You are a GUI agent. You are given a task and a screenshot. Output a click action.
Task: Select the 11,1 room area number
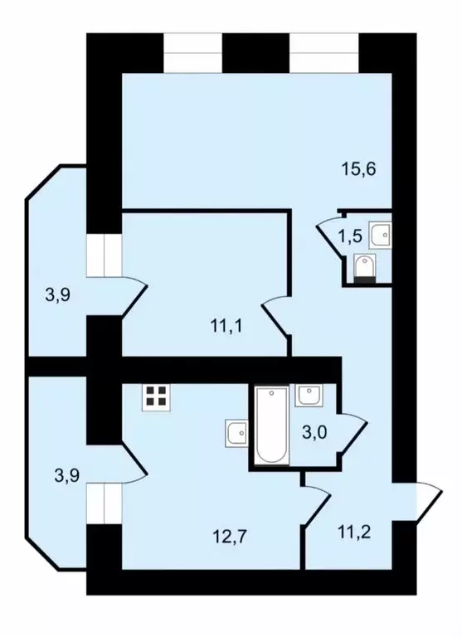tap(226, 325)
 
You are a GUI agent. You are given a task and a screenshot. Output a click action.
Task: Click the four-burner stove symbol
tap(155, 399)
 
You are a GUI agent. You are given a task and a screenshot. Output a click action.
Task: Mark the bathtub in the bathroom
tap(271, 425)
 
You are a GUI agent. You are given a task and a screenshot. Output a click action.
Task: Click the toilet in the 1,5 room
tap(365, 269)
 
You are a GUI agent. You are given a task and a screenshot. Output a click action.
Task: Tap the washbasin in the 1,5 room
tap(382, 235)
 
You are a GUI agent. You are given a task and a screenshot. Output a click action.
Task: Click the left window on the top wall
tap(193, 53)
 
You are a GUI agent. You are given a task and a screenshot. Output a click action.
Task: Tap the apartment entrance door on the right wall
tap(427, 501)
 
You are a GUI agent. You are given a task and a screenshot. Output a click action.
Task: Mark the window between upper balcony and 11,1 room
tap(105, 254)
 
